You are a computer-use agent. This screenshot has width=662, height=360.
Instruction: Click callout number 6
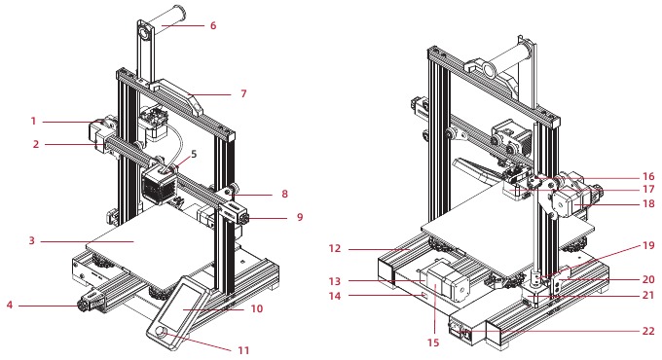(x=212, y=26)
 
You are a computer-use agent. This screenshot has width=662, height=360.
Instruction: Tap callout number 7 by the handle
(x=244, y=93)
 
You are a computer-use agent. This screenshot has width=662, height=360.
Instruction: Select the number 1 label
(x=33, y=122)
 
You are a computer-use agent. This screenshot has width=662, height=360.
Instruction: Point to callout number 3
(x=33, y=238)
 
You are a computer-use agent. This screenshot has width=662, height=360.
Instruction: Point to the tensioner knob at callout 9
(x=239, y=218)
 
